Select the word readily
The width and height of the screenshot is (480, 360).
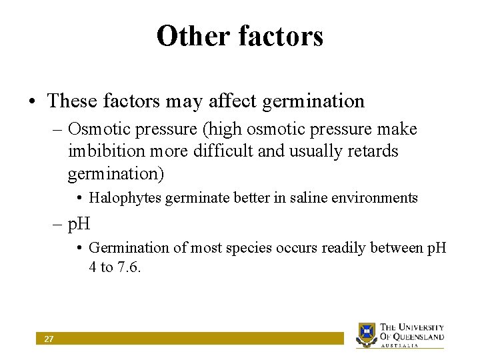(346, 248)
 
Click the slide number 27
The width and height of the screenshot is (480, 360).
(49, 339)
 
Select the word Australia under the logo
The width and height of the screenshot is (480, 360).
(399, 346)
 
